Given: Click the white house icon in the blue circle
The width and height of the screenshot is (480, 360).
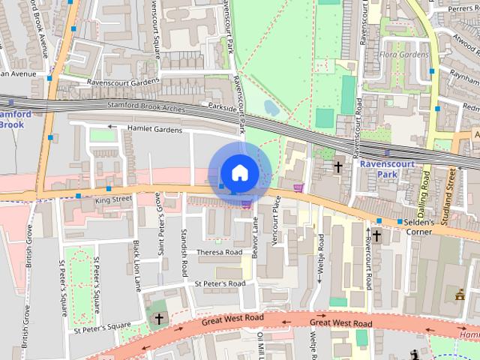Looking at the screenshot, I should [238, 172].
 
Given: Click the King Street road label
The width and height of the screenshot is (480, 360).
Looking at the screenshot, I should [114, 199].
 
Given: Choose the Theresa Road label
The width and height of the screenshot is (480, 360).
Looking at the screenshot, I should [218, 253].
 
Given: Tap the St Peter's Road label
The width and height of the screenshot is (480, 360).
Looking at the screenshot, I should [220, 284].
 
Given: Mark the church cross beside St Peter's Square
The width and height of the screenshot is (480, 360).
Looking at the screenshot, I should [158, 319].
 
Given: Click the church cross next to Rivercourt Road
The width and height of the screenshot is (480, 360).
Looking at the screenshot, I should [376, 235].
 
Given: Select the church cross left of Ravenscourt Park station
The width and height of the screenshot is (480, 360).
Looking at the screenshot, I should [338, 166].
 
